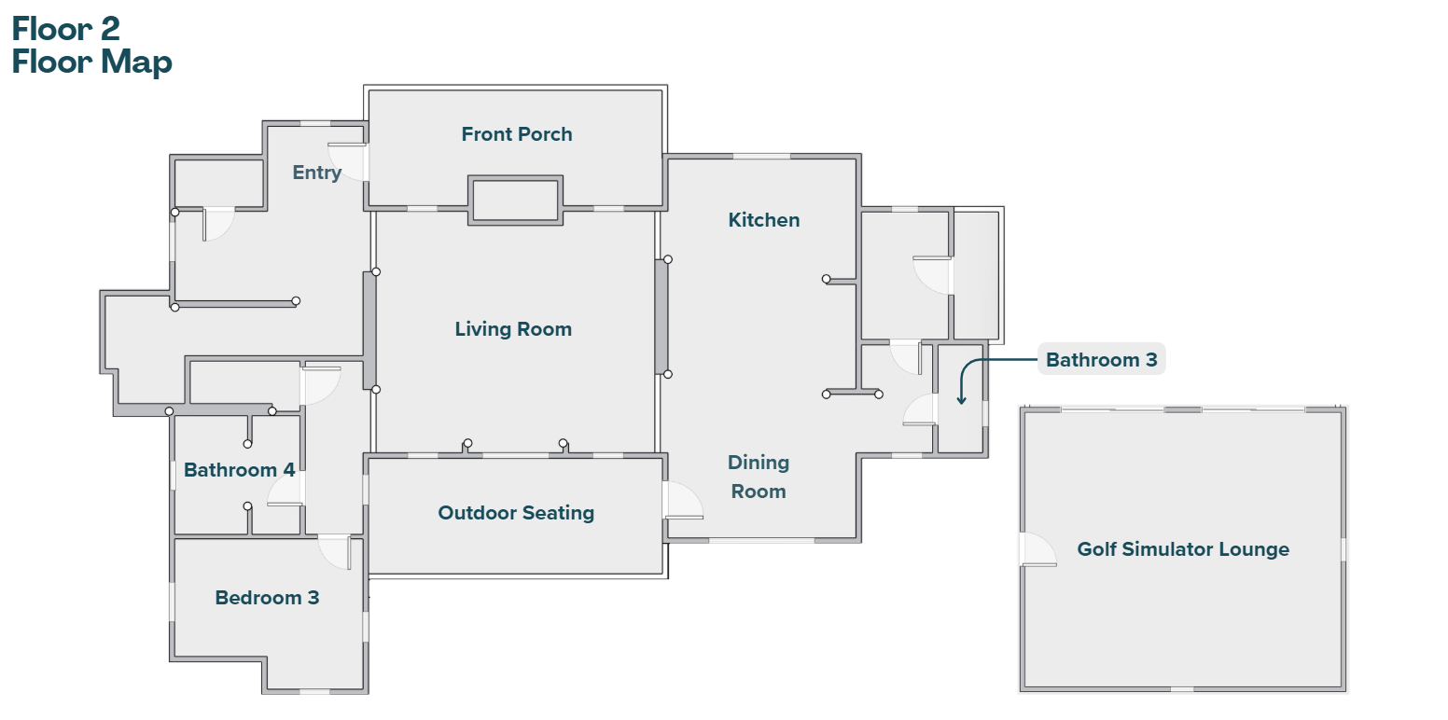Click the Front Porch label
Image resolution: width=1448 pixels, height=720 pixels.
coord(517,134)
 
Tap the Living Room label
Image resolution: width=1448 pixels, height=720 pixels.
coord(513,329)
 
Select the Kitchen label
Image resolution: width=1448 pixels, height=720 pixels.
coord(764,220)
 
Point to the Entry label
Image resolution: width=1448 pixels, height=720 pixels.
coord(316,173)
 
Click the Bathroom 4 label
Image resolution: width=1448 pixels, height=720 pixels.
coord(239,470)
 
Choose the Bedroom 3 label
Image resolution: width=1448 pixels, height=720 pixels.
coord(267,598)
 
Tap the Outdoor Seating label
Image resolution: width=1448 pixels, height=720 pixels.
coord(516,513)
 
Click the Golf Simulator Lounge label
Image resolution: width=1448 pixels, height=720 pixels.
coord(1183,549)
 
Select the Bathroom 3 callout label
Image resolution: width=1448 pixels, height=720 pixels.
coord(1101,360)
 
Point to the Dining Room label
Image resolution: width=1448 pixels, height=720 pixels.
coord(759,477)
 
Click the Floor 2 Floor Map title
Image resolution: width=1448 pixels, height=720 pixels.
coord(91,45)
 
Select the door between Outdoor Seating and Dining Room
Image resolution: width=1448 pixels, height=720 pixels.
coord(682,501)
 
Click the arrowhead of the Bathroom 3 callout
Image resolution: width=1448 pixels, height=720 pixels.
coord(961,401)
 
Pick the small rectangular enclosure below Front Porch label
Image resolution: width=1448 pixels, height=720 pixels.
coord(516,200)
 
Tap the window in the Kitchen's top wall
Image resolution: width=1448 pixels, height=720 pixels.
coord(761,156)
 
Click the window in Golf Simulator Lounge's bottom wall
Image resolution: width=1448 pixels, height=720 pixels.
coord(1181,689)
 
